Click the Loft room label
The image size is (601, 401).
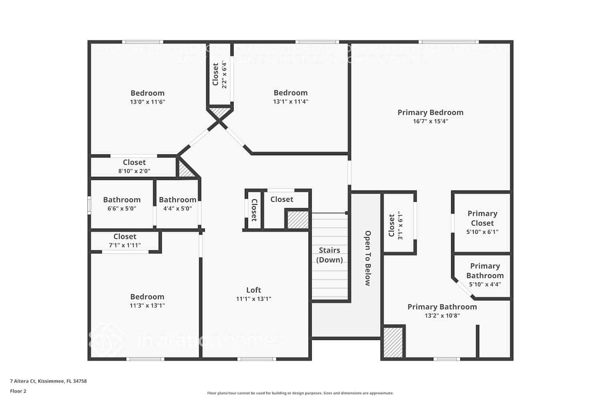click(x=254, y=290)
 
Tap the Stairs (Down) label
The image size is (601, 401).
click(x=329, y=255)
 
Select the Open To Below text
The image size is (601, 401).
click(x=367, y=258)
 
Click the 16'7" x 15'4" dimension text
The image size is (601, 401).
click(x=430, y=121)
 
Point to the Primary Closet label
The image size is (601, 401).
click(x=482, y=218)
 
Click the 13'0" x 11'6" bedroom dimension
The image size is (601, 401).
click(x=147, y=102)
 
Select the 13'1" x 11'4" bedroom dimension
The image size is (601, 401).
click(x=290, y=101)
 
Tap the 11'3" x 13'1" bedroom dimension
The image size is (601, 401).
click(x=147, y=305)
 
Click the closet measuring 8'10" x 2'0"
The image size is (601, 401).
click(x=134, y=166)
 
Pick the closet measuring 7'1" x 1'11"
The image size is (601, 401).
click(x=125, y=241)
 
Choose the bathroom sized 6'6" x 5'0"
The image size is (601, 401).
click(x=122, y=204)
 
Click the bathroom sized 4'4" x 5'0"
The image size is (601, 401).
click(x=177, y=204)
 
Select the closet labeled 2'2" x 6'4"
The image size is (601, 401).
click(x=220, y=75)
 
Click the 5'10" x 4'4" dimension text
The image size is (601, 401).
click(x=485, y=284)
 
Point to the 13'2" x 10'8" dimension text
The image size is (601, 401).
click(x=442, y=316)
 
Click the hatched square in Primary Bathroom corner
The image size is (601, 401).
click(x=393, y=342)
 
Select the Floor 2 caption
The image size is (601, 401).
click(x=18, y=391)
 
